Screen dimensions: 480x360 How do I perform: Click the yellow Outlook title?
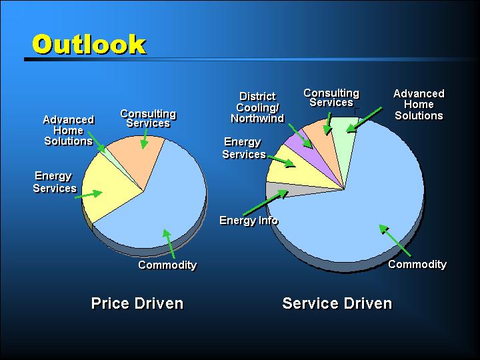89,44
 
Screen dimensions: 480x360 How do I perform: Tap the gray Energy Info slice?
294,190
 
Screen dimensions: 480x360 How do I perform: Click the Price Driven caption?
137,303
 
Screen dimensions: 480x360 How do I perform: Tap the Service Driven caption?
337,303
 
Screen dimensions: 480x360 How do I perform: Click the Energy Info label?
249,221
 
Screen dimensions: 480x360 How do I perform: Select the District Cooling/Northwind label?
257,107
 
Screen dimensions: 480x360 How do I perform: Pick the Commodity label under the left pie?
167,265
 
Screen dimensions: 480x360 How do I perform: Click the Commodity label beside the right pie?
417,264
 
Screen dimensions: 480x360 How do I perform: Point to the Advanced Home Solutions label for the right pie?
419,105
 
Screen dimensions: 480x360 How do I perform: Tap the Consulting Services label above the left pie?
148,119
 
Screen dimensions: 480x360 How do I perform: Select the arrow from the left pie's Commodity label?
169,244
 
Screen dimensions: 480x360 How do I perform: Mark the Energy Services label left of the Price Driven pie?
55,182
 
